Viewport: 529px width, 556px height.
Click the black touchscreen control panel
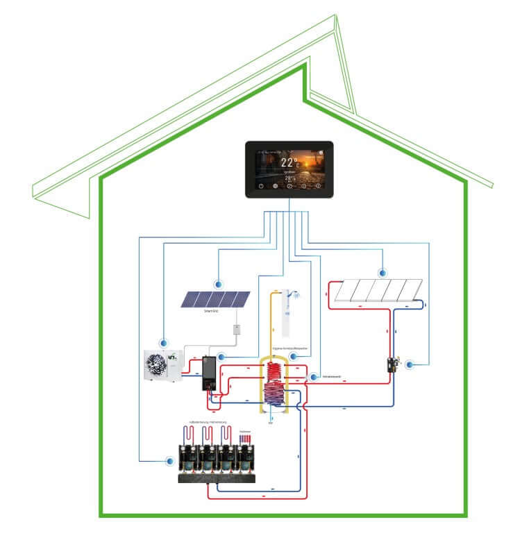coord(289,169)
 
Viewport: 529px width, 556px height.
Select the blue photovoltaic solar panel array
coord(215,299)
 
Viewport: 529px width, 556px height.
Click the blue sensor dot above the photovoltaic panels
coord(219,284)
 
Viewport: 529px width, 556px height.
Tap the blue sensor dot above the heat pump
coord(164,342)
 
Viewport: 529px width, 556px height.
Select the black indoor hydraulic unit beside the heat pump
coord(208,375)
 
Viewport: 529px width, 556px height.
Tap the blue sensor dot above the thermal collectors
coord(380,273)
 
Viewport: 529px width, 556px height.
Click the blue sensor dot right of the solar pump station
coord(409,364)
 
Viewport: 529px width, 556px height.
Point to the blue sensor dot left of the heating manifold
coord(169,460)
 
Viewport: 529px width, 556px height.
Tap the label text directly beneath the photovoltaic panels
coord(212,312)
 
